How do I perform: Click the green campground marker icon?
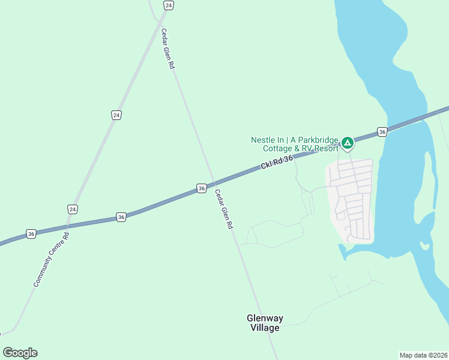(x=347, y=143)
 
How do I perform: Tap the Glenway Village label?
(x=265, y=323)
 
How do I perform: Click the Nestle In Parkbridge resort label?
(x=294, y=144)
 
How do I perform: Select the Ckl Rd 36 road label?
(x=277, y=162)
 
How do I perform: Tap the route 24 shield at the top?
(x=168, y=5)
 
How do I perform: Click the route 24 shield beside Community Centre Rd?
(x=73, y=209)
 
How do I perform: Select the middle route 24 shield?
(x=116, y=115)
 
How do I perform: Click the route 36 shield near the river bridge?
(x=382, y=131)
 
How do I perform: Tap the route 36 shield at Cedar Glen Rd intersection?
(x=202, y=188)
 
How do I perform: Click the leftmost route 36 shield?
(x=31, y=233)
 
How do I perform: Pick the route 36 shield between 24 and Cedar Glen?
(x=121, y=217)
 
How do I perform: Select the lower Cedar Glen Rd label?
(x=224, y=210)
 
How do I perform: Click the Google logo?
(x=20, y=353)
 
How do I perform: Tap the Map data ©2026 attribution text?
(x=423, y=355)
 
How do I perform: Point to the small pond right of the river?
(x=424, y=245)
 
